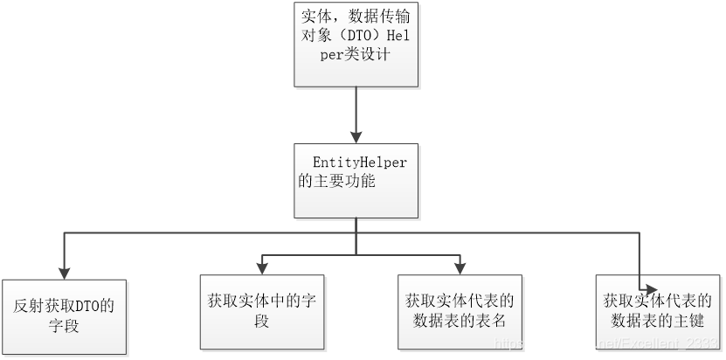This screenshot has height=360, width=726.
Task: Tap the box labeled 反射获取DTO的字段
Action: pyautogui.click(x=64, y=315)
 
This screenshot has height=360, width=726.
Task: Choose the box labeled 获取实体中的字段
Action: pyautogui.click(x=262, y=311)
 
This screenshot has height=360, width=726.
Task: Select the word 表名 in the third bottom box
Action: pyautogui.click(x=494, y=321)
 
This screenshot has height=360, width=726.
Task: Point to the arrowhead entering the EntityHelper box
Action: pyautogui.click(x=356, y=137)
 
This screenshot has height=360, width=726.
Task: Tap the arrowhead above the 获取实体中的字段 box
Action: pyautogui.click(x=262, y=267)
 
